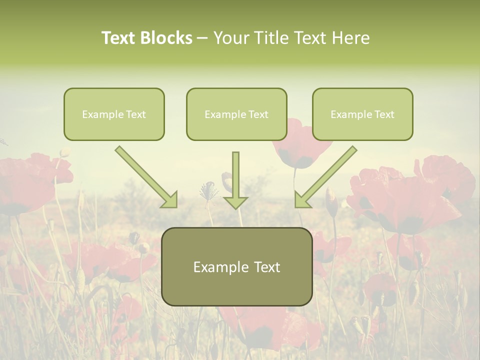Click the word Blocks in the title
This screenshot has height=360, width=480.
click(x=166, y=38)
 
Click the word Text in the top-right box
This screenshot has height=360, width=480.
click(x=384, y=114)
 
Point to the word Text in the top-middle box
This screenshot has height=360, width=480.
click(x=258, y=114)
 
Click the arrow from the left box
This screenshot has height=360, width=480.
click(x=147, y=177)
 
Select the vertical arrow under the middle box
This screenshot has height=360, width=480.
click(x=235, y=180)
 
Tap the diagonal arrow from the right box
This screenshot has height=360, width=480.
click(x=325, y=177)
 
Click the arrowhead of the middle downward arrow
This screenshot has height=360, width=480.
click(x=235, y=202)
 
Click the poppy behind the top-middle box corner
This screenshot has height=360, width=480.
click(x=300, y=150)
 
